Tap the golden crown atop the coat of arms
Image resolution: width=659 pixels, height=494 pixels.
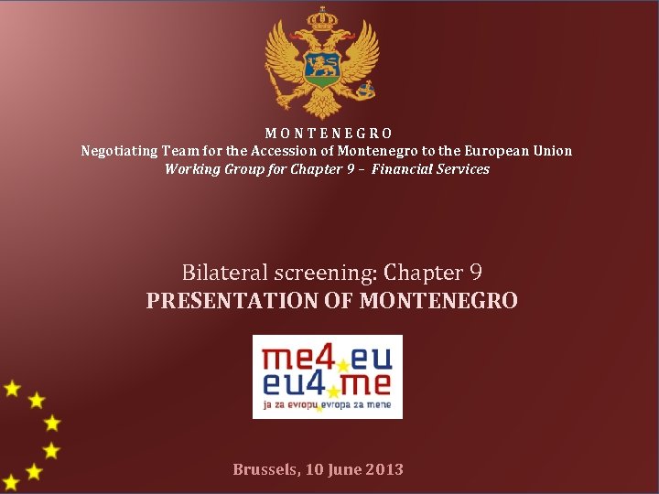point(321,18)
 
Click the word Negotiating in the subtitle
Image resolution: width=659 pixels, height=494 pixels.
point(120,151)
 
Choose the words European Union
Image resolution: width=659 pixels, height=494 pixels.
point(518,151)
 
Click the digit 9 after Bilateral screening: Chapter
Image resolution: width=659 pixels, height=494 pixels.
point(475,273)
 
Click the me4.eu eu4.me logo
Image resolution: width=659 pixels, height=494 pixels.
point(327,376)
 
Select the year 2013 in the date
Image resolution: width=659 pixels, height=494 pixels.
point(384,469)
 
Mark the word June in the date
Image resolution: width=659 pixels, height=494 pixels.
point(343,469)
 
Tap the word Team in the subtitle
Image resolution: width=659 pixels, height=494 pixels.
point(178,151)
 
